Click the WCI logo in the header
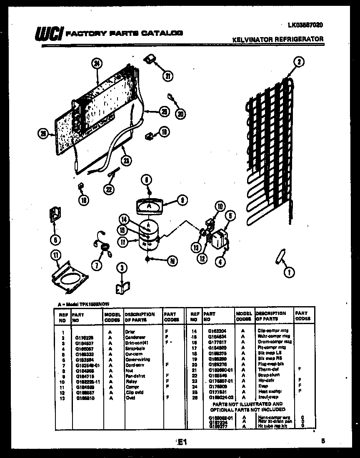tap(49, 34)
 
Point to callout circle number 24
tap(97, 63)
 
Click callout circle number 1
tap(288, 272)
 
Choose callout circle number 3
tap(121, 267)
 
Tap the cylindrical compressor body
tap(148, 236)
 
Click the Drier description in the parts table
tap(130, 332)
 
